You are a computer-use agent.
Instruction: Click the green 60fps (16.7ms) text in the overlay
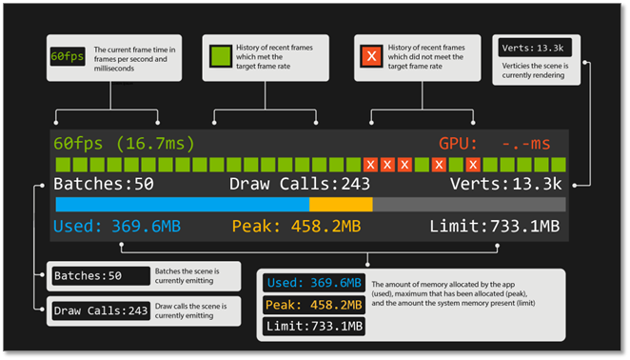tap(124, 144)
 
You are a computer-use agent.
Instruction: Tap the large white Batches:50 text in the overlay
tap(103, 185)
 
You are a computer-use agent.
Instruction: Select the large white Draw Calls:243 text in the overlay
tap(301, 185)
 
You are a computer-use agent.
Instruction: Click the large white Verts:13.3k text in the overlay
tap(507, 185)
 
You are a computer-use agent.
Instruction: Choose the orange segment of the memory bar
tap(341, 205)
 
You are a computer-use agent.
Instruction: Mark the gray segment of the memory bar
tap(468, 205)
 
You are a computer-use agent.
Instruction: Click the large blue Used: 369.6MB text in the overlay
tap(116, 227)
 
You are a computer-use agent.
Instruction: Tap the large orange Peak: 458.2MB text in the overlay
tap(296, 227)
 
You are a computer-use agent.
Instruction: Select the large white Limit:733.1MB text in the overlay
tap(493, 227)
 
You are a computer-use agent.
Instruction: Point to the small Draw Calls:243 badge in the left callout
tap(101, 310)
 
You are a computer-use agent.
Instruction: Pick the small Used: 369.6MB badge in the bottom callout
tap(313, 283)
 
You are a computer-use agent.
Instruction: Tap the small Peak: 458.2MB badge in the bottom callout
tap(313, 306)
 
